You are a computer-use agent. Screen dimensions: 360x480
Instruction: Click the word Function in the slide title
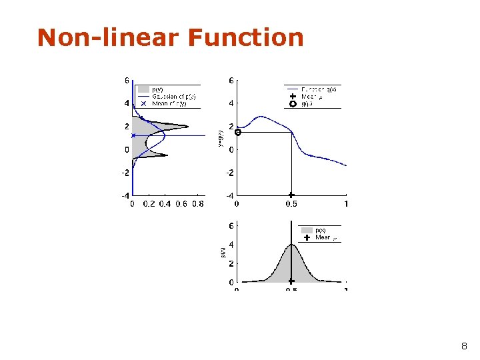[245, 38]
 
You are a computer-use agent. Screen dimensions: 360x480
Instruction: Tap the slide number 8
[464, 347]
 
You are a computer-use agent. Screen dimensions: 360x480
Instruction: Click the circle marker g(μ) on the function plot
[238, 132]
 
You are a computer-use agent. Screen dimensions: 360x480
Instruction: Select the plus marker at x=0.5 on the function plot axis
[291, 195]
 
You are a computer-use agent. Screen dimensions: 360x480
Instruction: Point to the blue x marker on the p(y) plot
[133, 135]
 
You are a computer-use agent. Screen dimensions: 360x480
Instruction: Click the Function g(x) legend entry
[319, 89]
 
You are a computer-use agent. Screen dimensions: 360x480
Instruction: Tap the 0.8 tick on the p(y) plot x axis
[197, 204]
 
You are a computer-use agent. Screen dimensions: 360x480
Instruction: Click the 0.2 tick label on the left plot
[148, 204]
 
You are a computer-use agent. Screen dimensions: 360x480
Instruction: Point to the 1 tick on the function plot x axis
[345, 204]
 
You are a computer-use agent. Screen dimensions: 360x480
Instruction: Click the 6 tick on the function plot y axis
[231, 81]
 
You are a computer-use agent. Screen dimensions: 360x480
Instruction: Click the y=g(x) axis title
[221, 138]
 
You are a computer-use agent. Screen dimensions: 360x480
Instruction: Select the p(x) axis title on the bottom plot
[223, 252]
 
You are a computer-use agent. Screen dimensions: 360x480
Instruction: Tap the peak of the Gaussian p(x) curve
[291, 244]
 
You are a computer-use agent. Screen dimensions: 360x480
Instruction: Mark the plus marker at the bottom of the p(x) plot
[291, 281]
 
